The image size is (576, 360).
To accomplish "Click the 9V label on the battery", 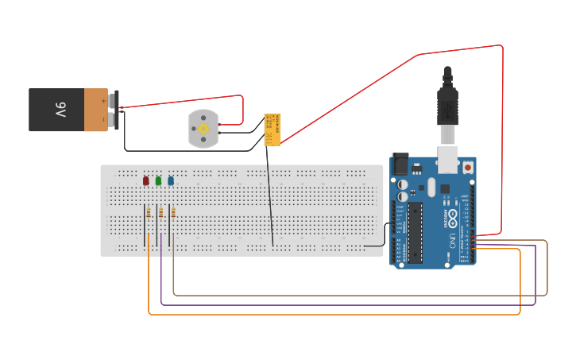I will pos(60,110).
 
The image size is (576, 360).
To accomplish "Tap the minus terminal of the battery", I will pos(116,120).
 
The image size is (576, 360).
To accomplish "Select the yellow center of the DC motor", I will pos(203,129).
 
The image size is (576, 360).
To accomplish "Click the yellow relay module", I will pos(272,130).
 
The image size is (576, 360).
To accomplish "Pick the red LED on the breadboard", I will pos(145,181).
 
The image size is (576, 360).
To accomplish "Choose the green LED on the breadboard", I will pos(158,181).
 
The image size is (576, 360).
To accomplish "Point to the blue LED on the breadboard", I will pos(171,181).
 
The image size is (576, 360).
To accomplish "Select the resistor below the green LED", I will pos(161,212).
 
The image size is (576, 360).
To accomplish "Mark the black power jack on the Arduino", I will pos(400,165).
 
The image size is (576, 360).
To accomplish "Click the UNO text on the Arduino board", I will pos(453,238).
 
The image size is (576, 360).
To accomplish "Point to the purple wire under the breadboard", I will pos(350,304).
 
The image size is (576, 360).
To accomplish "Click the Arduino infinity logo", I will pos(452,215).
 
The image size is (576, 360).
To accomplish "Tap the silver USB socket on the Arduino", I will pos(450,158).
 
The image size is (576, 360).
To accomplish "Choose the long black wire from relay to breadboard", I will pos(269,199).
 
